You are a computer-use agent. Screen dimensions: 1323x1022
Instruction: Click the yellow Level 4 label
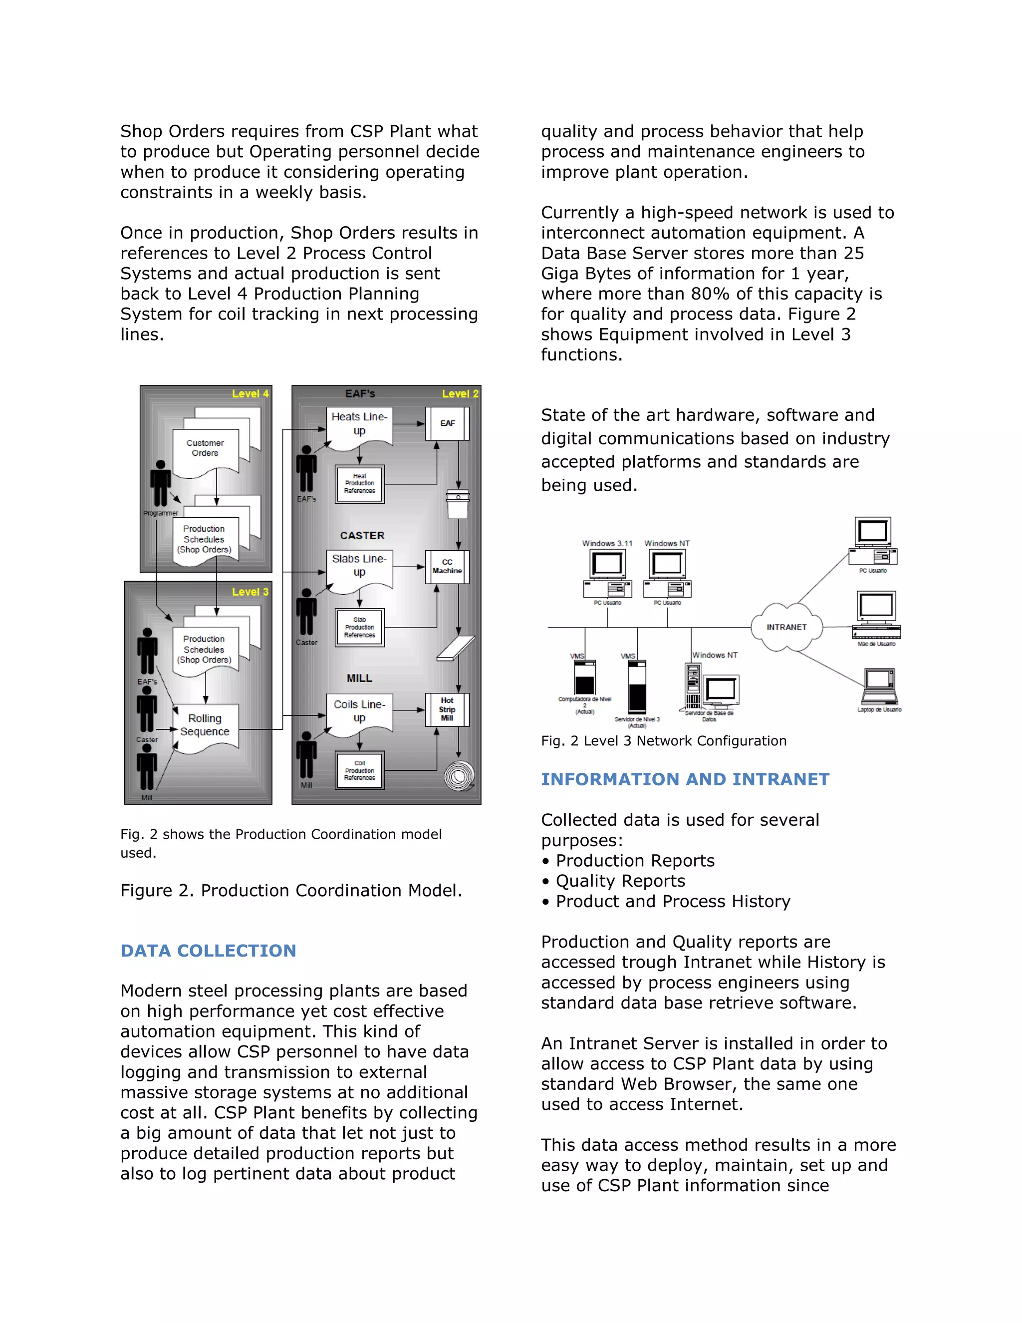[x=250, y=394]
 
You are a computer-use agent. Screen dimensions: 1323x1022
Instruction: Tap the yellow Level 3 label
[x=250, y=592]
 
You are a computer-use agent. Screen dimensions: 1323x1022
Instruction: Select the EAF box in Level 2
[x=448, y=423]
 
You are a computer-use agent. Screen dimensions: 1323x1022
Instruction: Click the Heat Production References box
[x=360, y=484]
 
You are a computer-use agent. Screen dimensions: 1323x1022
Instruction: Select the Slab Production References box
[x=360, y=628]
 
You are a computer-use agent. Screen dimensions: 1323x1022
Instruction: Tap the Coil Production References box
[x=360, y=770]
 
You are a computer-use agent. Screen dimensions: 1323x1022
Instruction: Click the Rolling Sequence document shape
[x=205, y=726]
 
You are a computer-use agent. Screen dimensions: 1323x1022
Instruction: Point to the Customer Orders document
[x=205, y=449]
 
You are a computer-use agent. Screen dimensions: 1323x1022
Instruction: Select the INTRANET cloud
[x=786, y=627]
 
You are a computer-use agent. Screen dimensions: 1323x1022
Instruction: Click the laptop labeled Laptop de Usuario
[x=879, y=687]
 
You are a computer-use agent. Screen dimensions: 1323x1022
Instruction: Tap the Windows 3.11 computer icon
[x=607, y=574]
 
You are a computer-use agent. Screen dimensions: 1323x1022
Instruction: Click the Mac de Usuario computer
[x=876, y=615]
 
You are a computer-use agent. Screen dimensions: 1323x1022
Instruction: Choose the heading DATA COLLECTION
[x=208, y=951]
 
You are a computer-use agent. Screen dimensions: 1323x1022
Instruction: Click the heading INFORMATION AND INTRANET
[x=685, y=780]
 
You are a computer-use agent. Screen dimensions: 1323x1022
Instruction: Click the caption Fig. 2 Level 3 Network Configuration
[x=664, y=741]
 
